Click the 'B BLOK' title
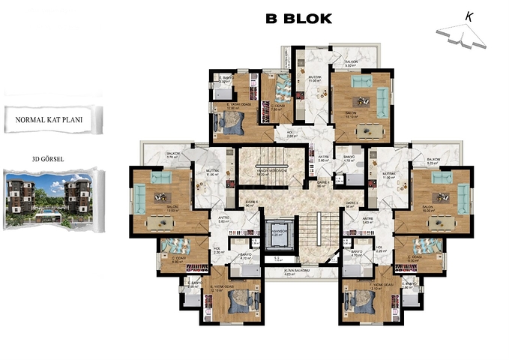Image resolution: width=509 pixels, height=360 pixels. coord(298,19)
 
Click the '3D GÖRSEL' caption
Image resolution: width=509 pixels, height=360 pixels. coord(46,159)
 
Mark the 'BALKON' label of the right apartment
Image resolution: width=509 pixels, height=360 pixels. coord(433,160)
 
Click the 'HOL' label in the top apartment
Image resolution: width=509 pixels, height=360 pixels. coord(292,133)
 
